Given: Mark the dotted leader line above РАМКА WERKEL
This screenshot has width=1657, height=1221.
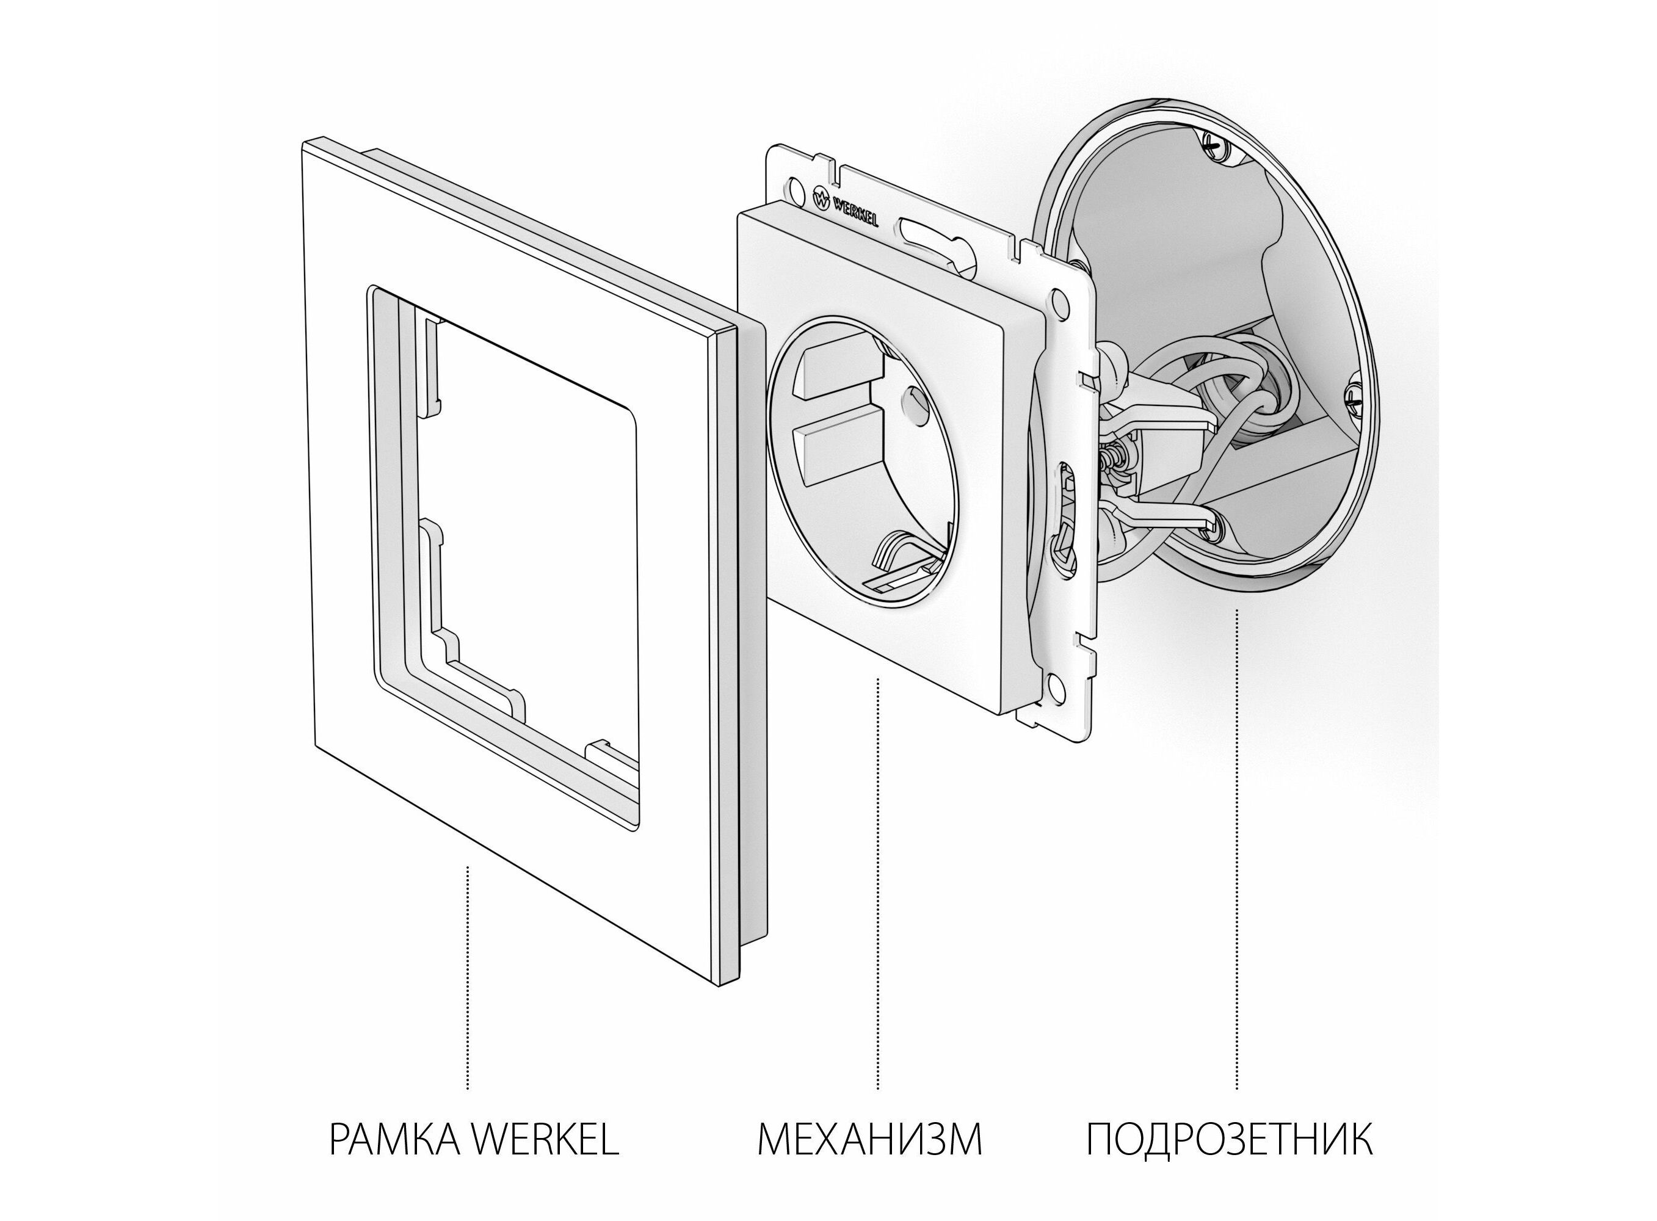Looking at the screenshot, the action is (x=467, y=979).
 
